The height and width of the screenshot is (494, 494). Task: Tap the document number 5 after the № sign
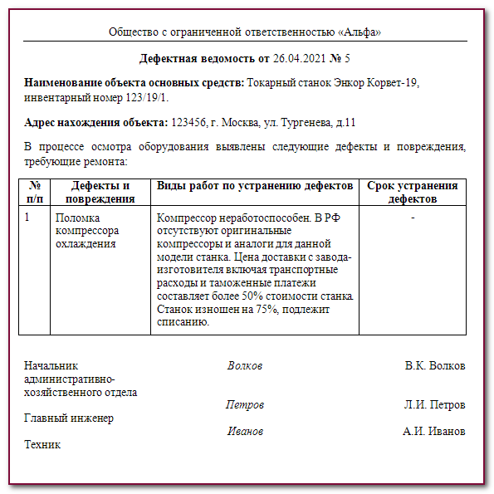coord(347,59)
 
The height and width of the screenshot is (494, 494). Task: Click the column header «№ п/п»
coord(35,192)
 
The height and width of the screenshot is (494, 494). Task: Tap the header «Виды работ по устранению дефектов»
coord(255,185)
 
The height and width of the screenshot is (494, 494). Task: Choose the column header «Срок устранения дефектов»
coord(413,192)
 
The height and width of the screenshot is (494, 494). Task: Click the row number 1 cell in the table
coord(27,218)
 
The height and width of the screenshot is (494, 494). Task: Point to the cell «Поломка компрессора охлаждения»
coord(87,231)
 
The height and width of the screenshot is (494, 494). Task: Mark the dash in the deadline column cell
coord(413,218)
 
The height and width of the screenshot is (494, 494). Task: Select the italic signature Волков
coord(245,366)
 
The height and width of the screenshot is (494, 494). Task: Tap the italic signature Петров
coord(245,405)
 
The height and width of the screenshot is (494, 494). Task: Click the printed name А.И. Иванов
coord(434,432)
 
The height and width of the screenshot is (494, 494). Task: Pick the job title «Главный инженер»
coord(69,418)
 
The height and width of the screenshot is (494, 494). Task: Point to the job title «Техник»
coord(43,445)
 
